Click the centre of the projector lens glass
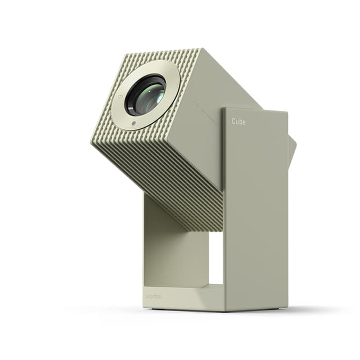(145, 94)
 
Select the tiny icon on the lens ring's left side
(119, 96)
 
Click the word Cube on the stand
(238, 121)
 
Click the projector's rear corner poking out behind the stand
(292, 149)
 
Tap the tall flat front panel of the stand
(256, 214)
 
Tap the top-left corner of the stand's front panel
(223, 109)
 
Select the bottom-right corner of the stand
(287, 309)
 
